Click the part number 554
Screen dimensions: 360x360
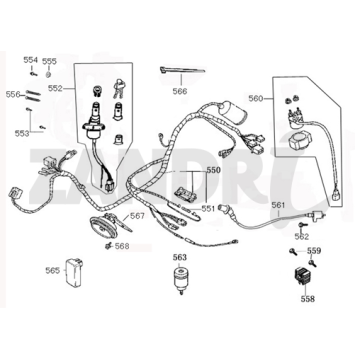[x=30, y=60]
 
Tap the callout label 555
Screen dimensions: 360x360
[x=49, y=60]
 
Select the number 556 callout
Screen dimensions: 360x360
[x=12, y=94]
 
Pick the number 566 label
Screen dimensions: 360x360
[x=179, y=91]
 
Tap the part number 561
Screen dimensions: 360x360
[x=279, y=205]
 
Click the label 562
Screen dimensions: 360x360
[x=302, y=237]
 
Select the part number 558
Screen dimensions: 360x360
[x=305, y=297]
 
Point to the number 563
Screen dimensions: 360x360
[x=179, y=257]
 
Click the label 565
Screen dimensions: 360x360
[x=52, y=270]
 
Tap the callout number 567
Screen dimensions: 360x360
[x=137, y=216]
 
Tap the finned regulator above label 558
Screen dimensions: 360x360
[x=304, y=276]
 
